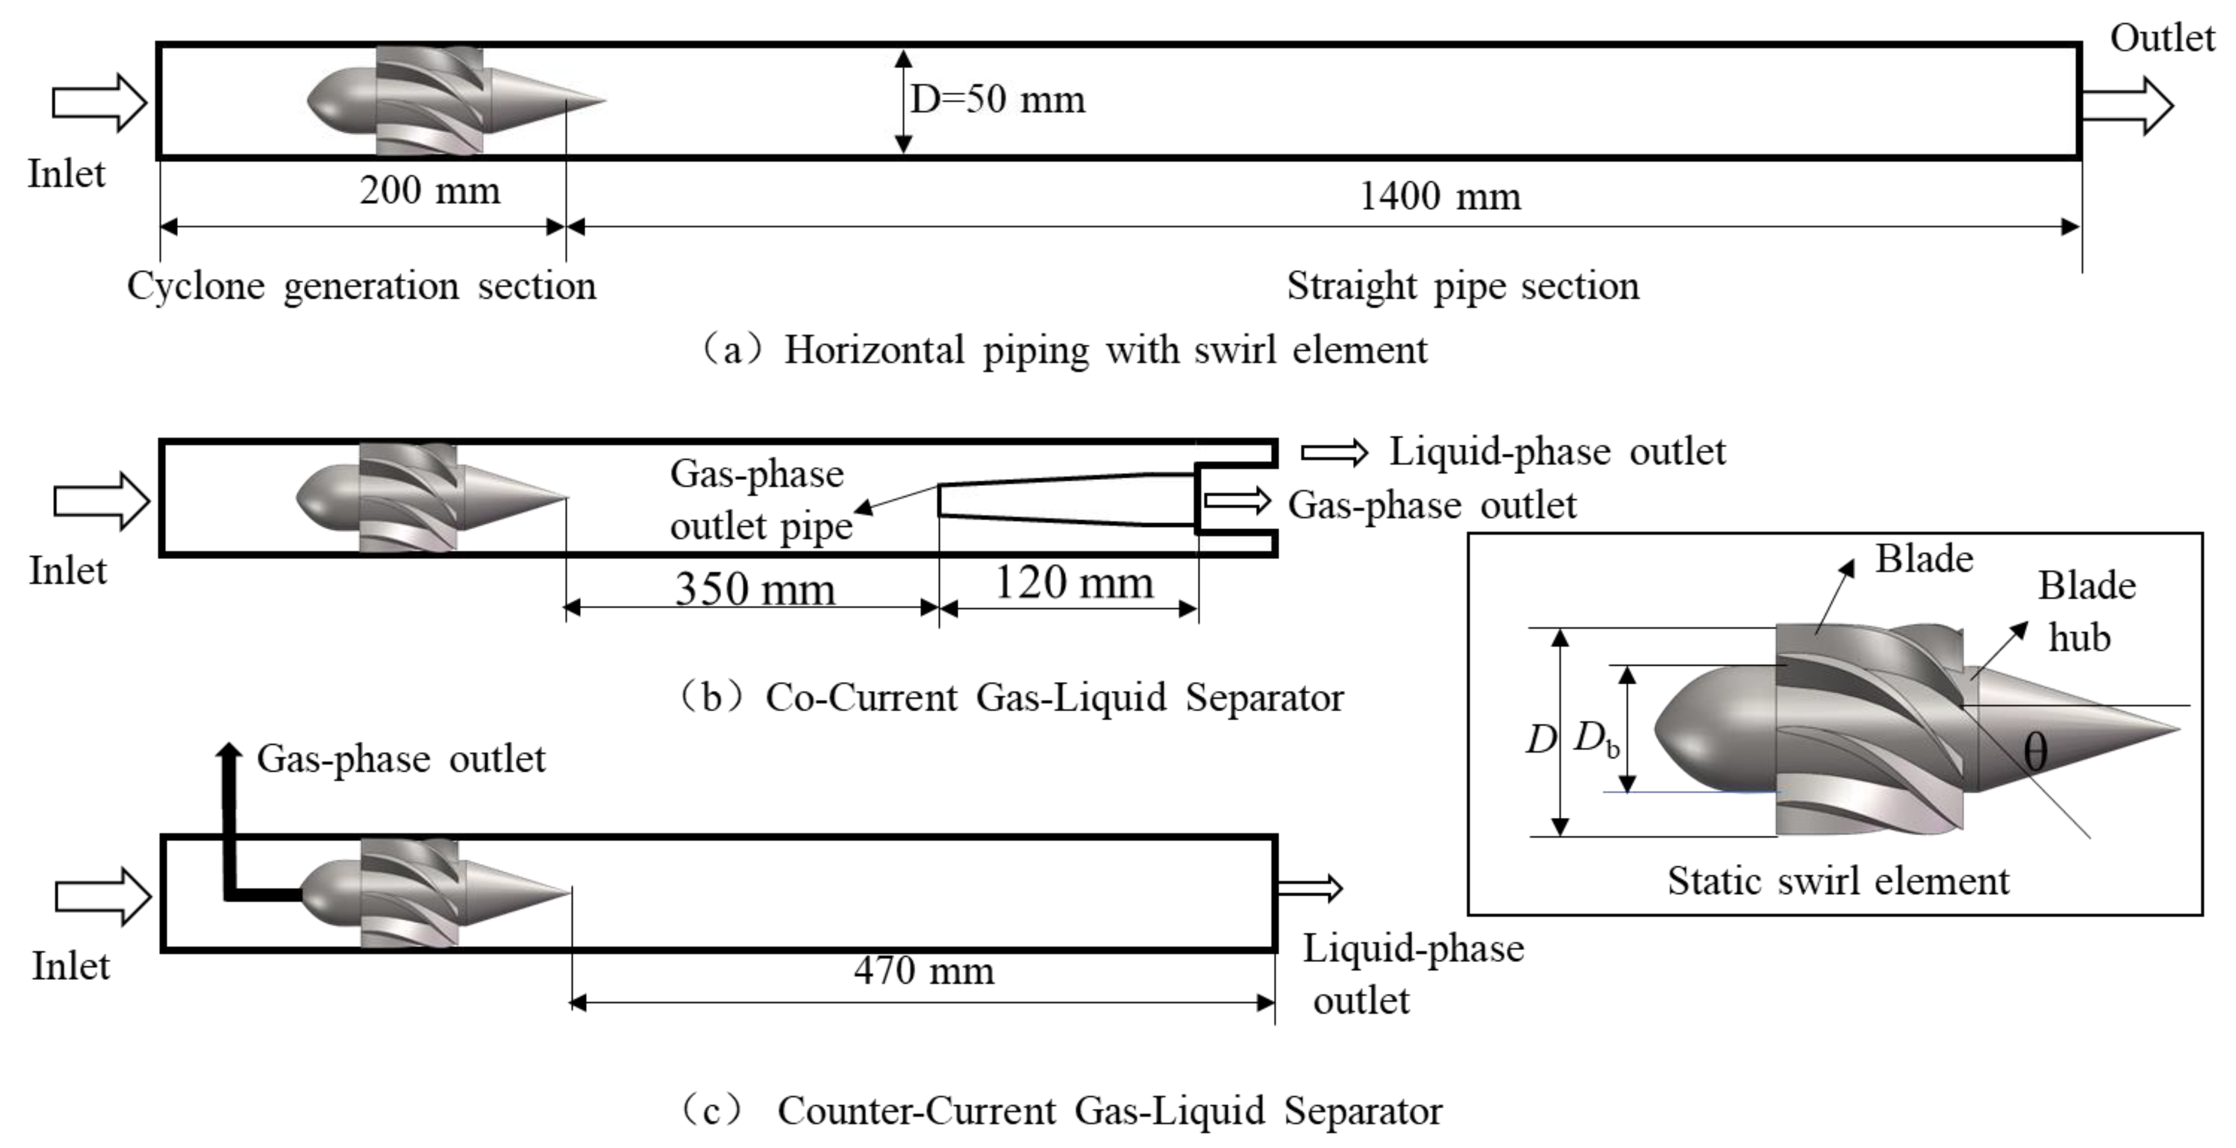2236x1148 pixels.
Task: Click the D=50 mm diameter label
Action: tap(997, 100)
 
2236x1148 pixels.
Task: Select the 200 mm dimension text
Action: tap(430, 191)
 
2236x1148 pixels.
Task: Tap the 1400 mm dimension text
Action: tap(1439, 196)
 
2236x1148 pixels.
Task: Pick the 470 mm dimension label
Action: tap(923, 970)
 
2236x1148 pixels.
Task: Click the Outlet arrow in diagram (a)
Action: tap(2127, 106)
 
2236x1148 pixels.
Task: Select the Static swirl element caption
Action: tap(1838, 880)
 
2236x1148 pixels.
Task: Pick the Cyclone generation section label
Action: tap(361, 286)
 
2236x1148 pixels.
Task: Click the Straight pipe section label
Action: tap(1463, 286)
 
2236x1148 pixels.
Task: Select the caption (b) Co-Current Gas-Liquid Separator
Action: tap(1011, 697)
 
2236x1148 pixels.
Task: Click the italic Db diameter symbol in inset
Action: tap(1595, 739)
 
